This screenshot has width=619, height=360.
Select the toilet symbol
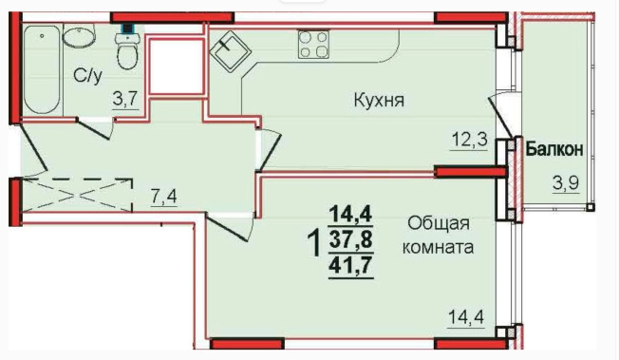(x=127, y=51)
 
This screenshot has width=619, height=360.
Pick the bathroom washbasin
(x=77, y=38)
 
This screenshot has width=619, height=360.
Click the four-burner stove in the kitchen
(x=314, y=45)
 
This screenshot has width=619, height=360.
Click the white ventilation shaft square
(x=173, y=65)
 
